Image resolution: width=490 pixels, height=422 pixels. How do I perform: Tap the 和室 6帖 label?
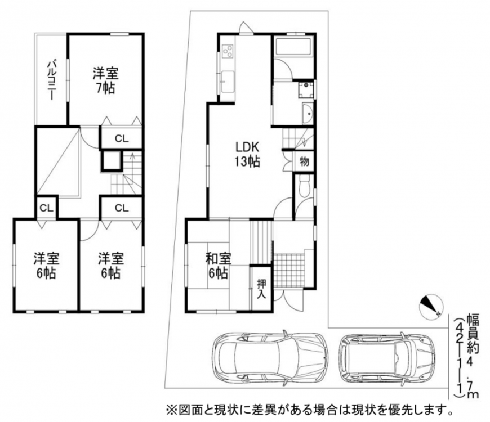(x=218, y=266)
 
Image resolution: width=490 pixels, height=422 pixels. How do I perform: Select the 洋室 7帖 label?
(x=106, y=81)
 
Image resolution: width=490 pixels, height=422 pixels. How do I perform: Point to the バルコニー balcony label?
(x=52, y=80)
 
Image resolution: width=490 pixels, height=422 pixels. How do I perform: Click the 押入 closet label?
(x=261, y=289)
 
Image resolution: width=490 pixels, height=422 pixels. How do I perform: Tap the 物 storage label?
(x=304, y=161)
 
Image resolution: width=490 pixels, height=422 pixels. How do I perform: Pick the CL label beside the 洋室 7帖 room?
(x=122, y=138)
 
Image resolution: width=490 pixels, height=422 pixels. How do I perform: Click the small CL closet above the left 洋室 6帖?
(x=47, y=208)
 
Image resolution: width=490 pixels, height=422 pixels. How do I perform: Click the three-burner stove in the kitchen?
(x=228, y=51)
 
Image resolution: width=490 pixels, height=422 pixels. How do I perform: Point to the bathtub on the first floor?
(x=293, y=48)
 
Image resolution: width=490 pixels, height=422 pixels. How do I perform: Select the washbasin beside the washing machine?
(x=308, y=113)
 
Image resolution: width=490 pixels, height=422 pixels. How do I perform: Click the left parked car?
(x=270, y=357)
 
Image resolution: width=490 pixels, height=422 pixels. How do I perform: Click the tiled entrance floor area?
(x=289, y=270)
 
